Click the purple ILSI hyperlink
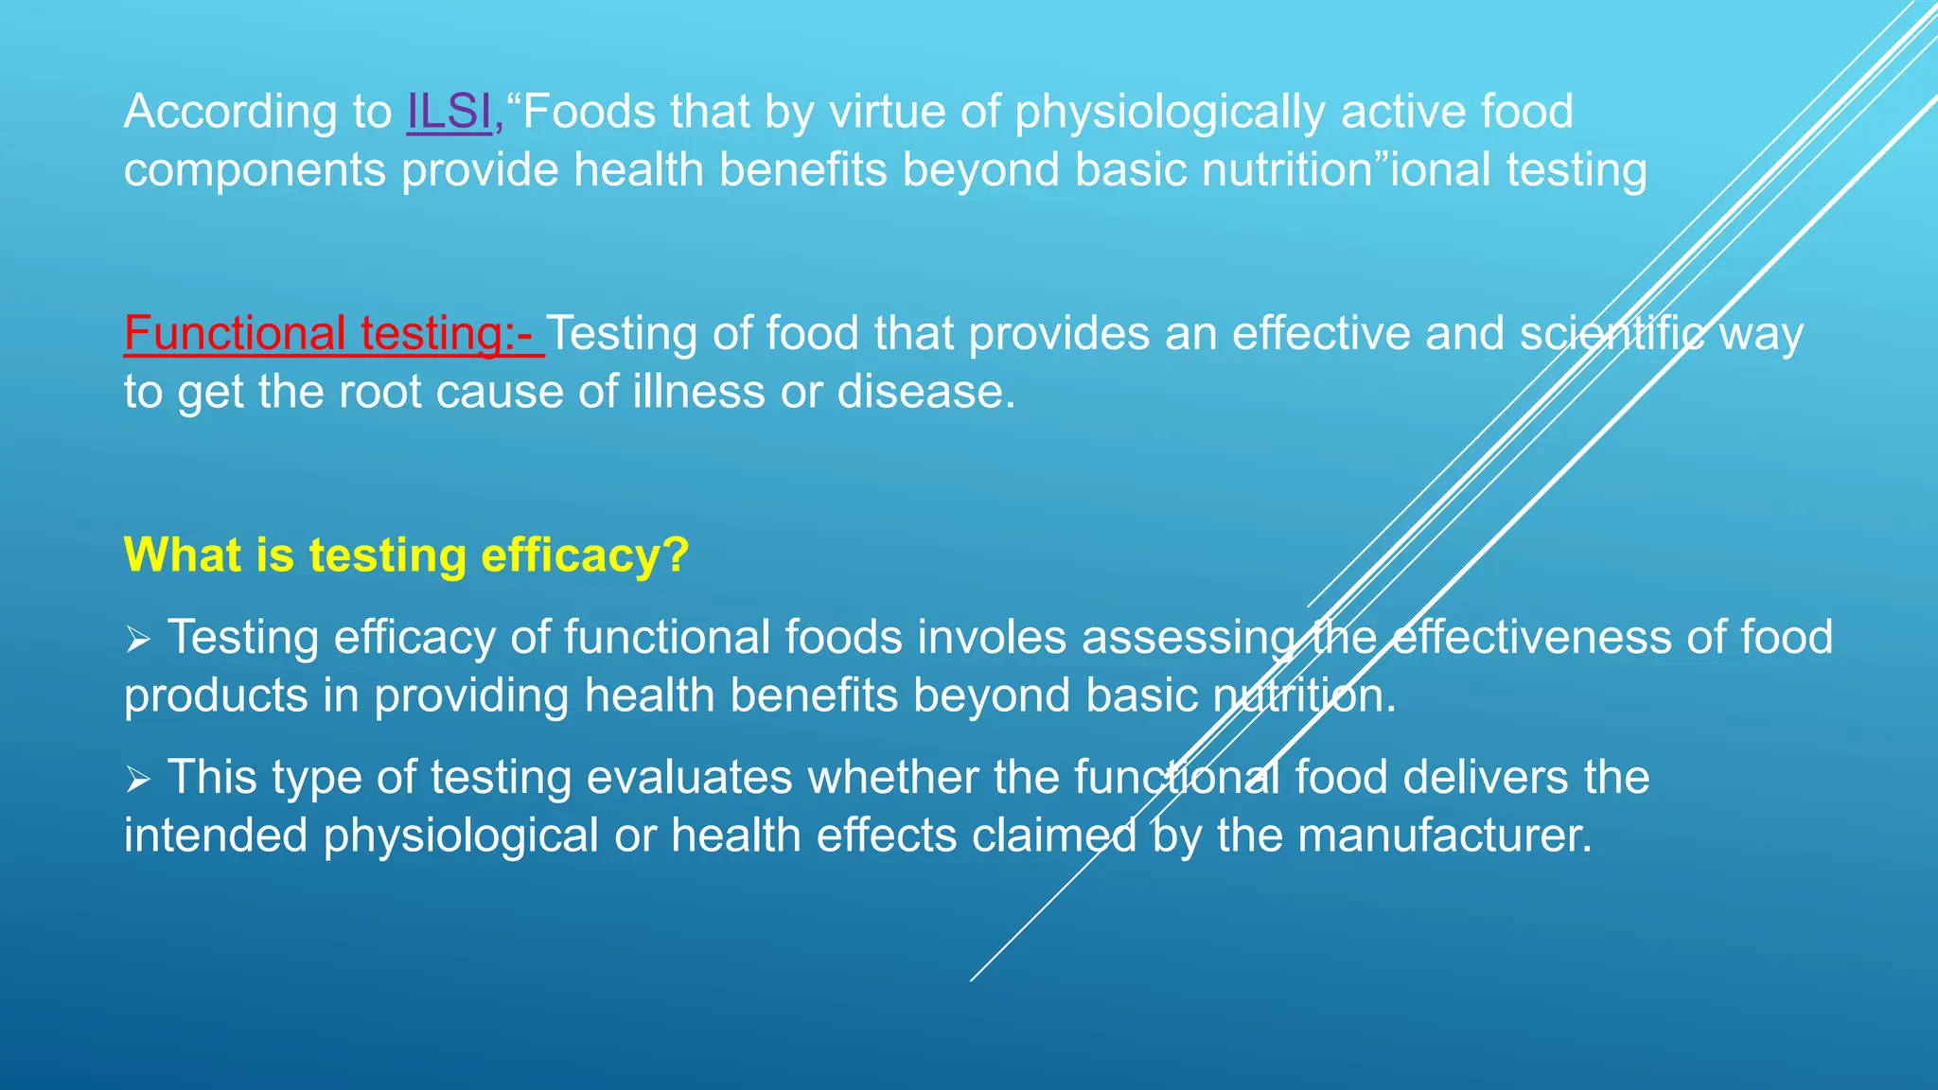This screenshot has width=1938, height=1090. coord(449,112)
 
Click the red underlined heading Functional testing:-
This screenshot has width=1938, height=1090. coord(333,333)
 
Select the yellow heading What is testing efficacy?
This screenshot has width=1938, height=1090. coord(406,554)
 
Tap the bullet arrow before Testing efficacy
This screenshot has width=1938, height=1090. coord(138,641)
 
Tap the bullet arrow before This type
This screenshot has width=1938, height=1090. coord(138,781)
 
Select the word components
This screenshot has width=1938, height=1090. coord(255,171)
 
